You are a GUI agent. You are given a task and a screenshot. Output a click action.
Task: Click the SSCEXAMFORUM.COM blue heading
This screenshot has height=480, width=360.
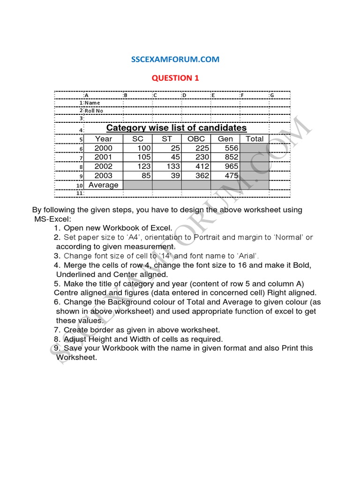click(175, 60)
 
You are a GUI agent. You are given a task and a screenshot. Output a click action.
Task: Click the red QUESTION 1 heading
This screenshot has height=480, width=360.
click(175, 78)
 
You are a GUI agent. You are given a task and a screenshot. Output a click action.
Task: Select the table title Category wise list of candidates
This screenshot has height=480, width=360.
click(176, 128)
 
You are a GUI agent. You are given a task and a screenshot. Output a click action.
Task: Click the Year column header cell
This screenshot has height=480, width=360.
click(104, 139)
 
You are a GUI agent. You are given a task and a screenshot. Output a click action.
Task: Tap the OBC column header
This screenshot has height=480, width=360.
click(196, 139)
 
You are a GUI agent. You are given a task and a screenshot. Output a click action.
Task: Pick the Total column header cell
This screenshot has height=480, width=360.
click(255, 139)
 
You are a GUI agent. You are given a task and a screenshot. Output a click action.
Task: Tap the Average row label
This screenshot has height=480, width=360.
click(104, 185)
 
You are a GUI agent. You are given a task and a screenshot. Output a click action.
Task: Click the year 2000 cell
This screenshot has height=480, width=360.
click(104, 148)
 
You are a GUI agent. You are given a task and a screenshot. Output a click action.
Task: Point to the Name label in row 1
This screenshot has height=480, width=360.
click(92, 103)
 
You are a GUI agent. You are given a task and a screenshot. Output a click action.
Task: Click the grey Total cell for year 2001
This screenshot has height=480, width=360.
click(255, 157)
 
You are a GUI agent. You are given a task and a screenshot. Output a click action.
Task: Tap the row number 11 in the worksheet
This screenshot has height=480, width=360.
click(80, 193)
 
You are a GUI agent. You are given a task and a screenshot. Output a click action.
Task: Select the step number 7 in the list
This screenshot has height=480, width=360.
click(57, 330)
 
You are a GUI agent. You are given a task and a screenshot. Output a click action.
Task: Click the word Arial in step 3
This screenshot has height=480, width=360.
click(247, 256)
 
